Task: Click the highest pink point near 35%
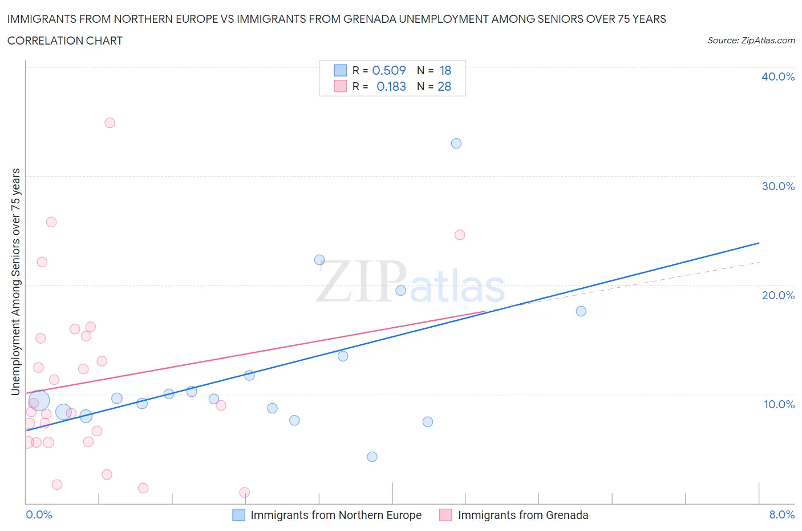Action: [110, 123]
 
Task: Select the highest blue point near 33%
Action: [456, 143]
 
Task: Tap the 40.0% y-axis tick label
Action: [778, 77]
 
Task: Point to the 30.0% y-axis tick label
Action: [778, 186]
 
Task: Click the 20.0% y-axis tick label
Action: [778, 295]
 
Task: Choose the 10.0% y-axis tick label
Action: [779, 404]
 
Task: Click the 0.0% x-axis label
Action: [39, 514]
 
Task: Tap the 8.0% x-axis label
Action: [781, 514]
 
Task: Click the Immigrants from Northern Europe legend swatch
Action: [238, 515]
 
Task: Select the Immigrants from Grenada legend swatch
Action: [445, 515]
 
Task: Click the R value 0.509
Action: [389, 70]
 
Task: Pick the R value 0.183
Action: [391, 86]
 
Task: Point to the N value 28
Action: [444, 86]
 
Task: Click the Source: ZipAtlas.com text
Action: [751, 41]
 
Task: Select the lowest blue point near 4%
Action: [372, 457]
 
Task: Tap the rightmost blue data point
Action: [581, 311]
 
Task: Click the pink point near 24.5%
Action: [460, 235]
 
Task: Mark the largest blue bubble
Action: [39, 401]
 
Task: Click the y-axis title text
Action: [15, 281]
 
